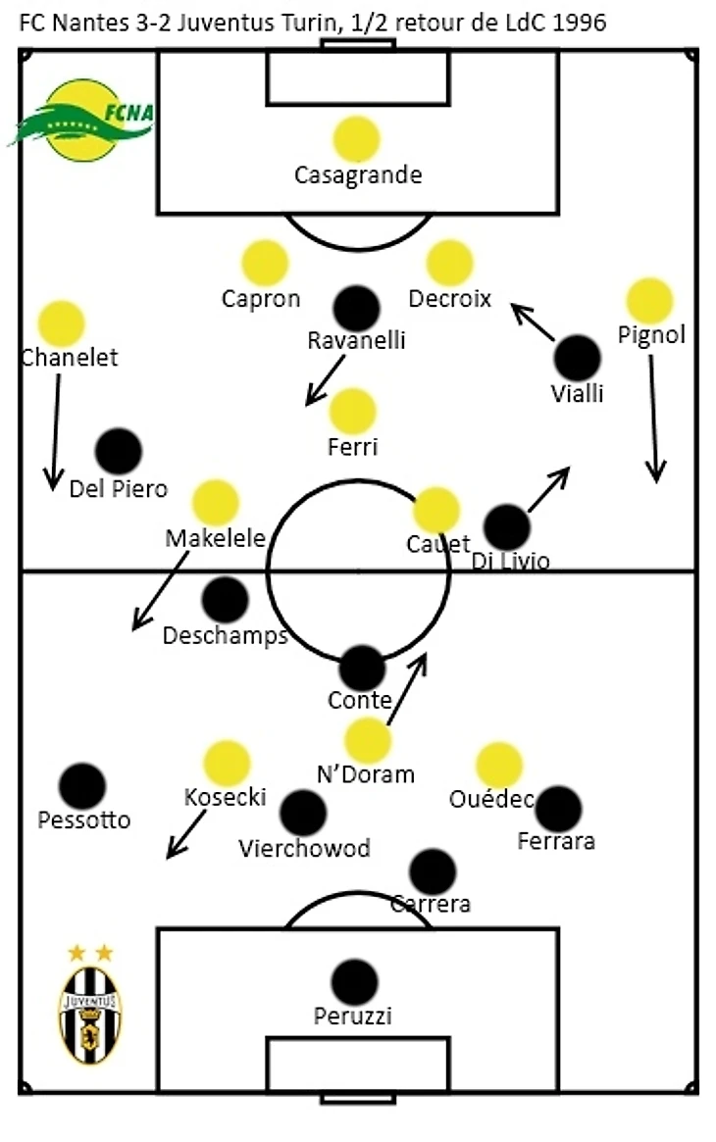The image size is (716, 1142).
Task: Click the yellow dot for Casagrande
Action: point(356,139)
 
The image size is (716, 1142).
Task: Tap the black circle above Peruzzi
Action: point(354,982)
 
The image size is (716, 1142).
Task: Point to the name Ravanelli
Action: point(356,340)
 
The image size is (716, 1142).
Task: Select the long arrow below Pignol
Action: point(653,418)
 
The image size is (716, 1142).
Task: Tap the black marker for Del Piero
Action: point(119,451)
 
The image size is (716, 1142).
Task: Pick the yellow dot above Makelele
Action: point(215,503)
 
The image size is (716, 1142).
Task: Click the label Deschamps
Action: point(225,635)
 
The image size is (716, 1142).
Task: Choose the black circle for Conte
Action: point(362,669)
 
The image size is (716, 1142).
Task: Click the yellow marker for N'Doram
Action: point(368,740)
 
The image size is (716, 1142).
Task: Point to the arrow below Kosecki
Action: point(185,834)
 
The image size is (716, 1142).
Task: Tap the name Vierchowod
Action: point(305,848)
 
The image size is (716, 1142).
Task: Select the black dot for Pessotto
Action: point(81,786)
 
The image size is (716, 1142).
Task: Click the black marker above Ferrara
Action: point(559,809)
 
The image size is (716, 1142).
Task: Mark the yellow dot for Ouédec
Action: point(499,766)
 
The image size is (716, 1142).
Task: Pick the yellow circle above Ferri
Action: point(353,412)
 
